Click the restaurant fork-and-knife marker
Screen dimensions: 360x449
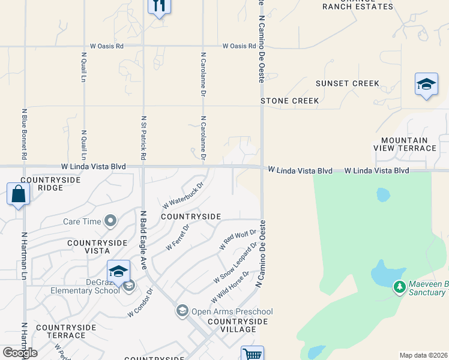(x=159, y=6)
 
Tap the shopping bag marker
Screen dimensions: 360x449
(x=18, y=194)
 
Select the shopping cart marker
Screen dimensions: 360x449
(x=253, y=354)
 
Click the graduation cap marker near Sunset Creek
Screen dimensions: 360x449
(x=426, y=84)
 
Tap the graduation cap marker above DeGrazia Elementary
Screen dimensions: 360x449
(x=119, y=271)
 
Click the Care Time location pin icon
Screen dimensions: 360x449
(x=110, y=221)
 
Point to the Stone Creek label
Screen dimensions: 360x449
(x=290, y=101)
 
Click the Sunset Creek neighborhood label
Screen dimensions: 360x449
(x=348, y=83)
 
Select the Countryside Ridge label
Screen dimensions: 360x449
(x=41, y=184)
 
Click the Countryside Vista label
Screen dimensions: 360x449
(x=97, y=247)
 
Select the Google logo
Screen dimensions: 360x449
(x=19, y=353)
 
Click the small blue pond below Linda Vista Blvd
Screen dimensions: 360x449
(x=382, y=194)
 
